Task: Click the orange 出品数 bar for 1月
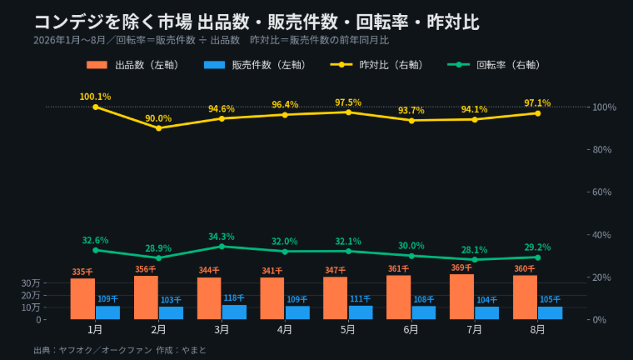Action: (82, 298)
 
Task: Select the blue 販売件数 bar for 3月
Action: (234, 312)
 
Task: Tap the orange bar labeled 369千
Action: (461, 297)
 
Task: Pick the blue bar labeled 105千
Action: (551, 312)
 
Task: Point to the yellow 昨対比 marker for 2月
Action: (158, 128)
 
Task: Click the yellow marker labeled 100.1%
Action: (96, 107)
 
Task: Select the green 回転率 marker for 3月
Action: (222, 247)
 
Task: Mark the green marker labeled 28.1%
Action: (475, 259)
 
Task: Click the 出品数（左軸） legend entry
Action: (133, 65)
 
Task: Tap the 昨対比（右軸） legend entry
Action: (377, 65)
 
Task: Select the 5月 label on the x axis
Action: (347, 330)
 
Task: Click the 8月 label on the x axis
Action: (537, 330)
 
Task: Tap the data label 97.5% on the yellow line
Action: (348, 102)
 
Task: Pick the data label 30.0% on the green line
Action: (411, 246)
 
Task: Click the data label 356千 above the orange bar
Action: (145, 269)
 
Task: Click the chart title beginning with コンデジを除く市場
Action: (257, 22)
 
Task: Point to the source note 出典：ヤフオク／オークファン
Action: (92, 350)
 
